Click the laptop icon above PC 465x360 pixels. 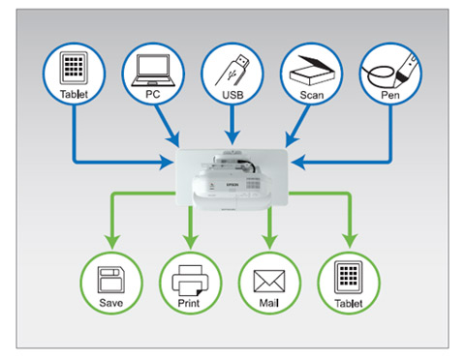click(x=153, y=71)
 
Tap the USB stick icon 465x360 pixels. click(x=232, y=70)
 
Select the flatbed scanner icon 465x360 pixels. click(x=312, y=71)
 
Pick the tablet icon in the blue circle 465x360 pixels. click(x=74, y=69)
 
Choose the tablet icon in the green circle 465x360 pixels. click(x=349, y=278)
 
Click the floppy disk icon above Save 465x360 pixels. click(x=110, y=280)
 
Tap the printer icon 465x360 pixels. click(x=190, y=281)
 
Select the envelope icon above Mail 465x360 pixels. click(x=269, y=282)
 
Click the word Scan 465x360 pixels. click(x=312, y=95)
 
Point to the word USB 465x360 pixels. click(x=232, y=95)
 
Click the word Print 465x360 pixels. click(x=189, y=303)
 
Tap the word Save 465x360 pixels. click(x=110, y=303)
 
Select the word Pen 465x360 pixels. click(x=390, y=95)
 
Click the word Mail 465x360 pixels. click(x=269, y=303)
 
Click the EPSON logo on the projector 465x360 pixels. click(x=232, y=185)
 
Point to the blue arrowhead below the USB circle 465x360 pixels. click(x=232, y=137)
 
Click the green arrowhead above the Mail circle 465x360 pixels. click(x=269, y=242)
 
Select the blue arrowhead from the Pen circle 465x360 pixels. click(x=297, y=162)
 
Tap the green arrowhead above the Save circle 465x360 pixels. click(x=112, y=242)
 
